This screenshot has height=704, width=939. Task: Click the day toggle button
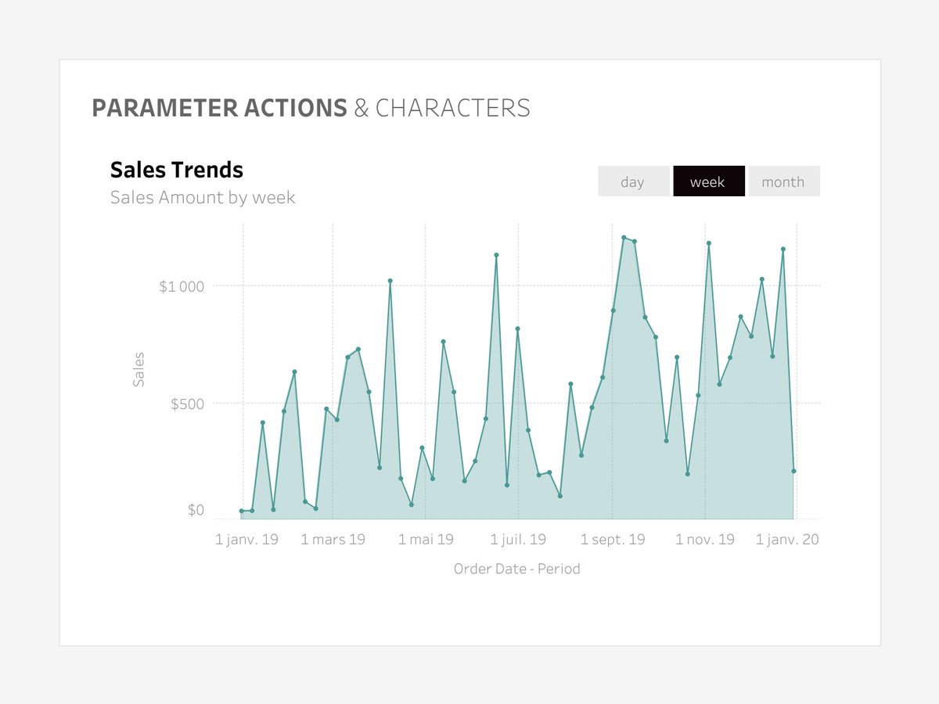tap(632, 181)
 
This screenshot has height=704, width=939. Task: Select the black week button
tap(707, 181)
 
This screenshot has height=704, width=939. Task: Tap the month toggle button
tap(782, 181)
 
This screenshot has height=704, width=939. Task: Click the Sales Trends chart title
tap(176, 170)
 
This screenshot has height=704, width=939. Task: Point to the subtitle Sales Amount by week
tap(203, 197)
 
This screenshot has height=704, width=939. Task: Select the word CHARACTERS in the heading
tap(452, 108)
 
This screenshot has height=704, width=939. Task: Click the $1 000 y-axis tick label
tap(182, 286)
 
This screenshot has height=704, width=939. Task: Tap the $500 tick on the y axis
tap(187, 404)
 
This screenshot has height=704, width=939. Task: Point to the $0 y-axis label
tap(196, 511)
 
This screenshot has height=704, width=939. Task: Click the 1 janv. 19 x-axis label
tap(246, 539)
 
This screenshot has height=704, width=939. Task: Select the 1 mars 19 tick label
tap(333, 539)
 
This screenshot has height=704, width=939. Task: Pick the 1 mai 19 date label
tap(426, 539)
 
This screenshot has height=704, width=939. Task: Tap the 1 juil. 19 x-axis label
tap(518, 539)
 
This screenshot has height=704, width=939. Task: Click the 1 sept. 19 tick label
tap(613, 539)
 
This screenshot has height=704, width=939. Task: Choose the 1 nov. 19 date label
tap(705, 539)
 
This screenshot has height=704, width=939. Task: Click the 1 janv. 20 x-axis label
tap(787, 539)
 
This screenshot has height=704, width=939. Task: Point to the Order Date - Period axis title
tap(516, 569)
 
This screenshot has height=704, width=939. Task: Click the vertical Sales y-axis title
tap(139, 369)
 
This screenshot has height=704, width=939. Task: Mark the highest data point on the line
tap(624, 237)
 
